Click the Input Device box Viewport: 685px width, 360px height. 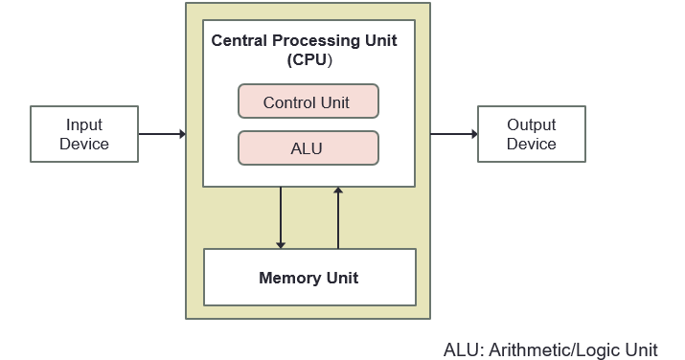pyautogui.click(x=84, y=134)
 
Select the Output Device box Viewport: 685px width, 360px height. pyautogui.click(x=531, y=134)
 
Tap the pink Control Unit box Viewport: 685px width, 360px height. pyautogui.click(x=308, y=101)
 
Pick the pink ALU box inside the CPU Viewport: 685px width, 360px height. pyautogui.click(x=308, y=148)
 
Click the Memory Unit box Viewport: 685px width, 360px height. pyautogui.click(x=309, y=278)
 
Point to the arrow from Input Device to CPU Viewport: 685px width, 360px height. pyautogui.click(x=162, y=134)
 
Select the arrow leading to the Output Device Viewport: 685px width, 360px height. pyautogui.click(x=453, y=134)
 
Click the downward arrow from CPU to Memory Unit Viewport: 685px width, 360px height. pyautogui.click(x=281, y=217)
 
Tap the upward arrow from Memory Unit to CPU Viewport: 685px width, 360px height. pyautogui.click(x=337, y=217)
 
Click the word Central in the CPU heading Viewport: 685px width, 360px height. pyautogui.click(x=239, y=41)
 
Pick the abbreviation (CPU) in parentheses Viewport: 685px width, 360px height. pyautogui.click(x=308, y=60)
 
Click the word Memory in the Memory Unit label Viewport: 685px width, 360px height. pyautogui.click(x=289, y=278)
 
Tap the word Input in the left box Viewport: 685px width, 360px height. pyautogui.click(x=84, y=125)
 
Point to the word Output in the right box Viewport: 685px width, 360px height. pyautogui.click(x=531, y=125)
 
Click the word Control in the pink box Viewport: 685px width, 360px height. pyautogui.click(x=289, y=102)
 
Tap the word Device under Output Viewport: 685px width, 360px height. pyautogui.click(x=531, y=144)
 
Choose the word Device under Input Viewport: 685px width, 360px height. pyautogui.click(x=84, y=144)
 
